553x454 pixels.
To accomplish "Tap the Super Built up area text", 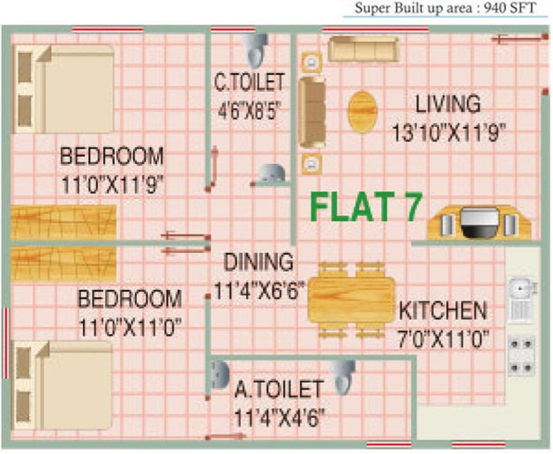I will coord(445,10).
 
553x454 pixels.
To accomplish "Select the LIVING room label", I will coord(448,105).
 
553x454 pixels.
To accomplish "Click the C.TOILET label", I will coord(249,83).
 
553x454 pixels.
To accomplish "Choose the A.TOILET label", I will coord(278,390).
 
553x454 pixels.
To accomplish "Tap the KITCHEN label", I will coord(442,311).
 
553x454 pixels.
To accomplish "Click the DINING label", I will coord(259,263).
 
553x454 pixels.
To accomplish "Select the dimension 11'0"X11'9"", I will coord(112,185).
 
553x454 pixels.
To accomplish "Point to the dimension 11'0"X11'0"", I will coord(129,326).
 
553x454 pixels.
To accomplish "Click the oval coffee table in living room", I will coord(362,112).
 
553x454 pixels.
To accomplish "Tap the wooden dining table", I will coord(350,300).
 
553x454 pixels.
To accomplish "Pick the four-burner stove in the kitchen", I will coord(521,352).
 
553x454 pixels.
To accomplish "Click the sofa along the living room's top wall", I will coord(363,49).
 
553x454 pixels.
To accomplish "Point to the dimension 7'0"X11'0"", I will coord(442,339).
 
